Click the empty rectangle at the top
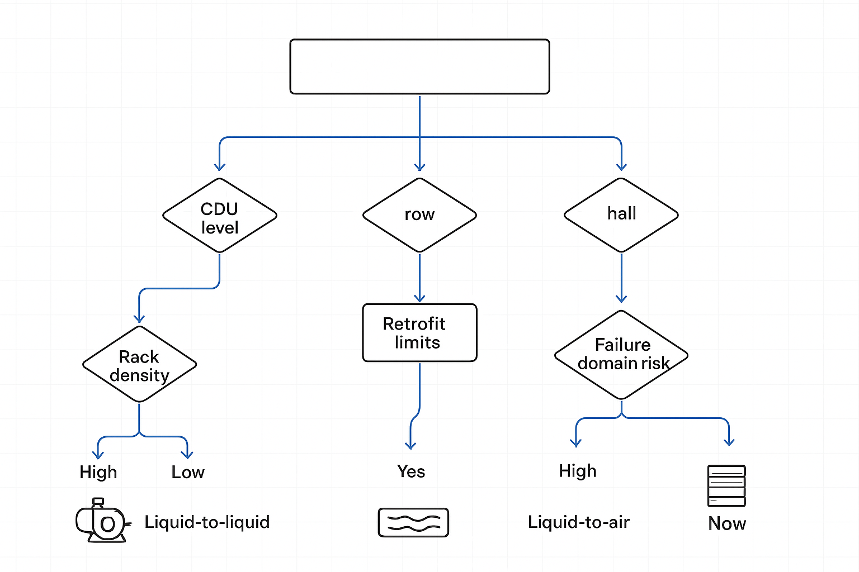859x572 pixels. point(419,66)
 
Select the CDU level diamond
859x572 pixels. point(220,216)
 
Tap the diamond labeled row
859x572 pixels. point(419,215)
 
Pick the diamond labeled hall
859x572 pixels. point(621,215)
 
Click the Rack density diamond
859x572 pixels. point(139,365)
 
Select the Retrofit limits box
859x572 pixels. point(419,333)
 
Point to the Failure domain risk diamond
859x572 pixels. point(621,355)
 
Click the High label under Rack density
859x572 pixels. point(98,472)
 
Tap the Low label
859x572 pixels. point(188,473)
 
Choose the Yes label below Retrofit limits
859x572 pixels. point(411,471)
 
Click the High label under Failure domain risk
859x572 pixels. point(578,471)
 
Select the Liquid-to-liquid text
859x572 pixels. point(207,522)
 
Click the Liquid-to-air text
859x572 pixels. point(579,522)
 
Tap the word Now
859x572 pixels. point(727,523)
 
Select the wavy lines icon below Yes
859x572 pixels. point(413,523)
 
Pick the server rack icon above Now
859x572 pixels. point(726,486)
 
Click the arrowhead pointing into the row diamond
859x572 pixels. point(419,167)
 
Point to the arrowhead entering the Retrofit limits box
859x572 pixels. point(419,298)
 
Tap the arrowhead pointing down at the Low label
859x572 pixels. point(187,455)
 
